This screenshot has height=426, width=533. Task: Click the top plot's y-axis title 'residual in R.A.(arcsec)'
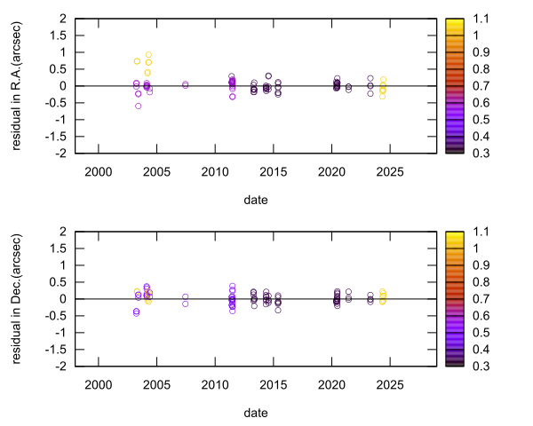coord(17,85)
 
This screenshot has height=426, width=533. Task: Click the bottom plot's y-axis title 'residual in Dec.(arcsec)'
coord(17,298)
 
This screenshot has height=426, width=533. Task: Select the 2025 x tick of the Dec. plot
coord(390,383)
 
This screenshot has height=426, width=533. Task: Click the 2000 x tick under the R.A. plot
coord(98,170)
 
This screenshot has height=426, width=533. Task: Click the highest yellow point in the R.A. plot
coord(148,55)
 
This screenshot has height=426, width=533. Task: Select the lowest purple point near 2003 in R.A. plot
coord(138,106)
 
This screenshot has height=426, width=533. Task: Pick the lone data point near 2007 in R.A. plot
coord(185,84)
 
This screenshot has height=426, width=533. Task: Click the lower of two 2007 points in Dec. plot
coord(185,304)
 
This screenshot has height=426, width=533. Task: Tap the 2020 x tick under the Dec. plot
coord(331,383)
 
